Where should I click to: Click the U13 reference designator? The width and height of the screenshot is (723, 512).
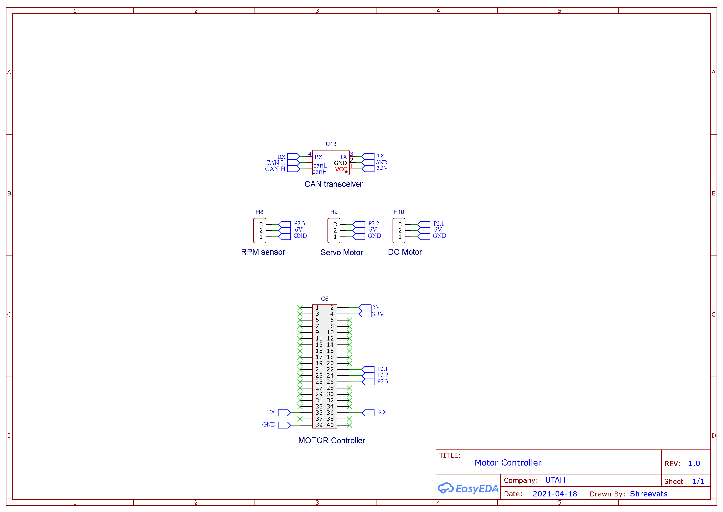coord(331,144)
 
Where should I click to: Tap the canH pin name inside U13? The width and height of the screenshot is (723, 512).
coord(319,172)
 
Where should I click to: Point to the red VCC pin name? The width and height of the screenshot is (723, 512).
coord(341,169)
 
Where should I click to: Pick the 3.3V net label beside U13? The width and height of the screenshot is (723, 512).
coord(382,168)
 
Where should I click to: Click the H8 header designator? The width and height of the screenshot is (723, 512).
coord(259,212)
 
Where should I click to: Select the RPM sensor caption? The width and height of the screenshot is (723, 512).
coord(263,252)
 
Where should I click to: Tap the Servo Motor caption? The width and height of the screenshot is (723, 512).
coord(342,253)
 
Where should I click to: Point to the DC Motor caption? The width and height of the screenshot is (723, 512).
coord(405,252)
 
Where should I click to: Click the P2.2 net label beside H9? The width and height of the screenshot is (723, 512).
coord(374,224)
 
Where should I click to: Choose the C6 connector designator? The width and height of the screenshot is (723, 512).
coord(325,299)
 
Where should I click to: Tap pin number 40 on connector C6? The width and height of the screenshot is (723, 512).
coord(330,425)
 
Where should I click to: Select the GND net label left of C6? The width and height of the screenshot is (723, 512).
coord(269,425)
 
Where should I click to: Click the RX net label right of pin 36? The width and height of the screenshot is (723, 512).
coord(382,412)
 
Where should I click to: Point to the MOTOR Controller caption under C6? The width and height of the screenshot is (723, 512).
coord(331,441)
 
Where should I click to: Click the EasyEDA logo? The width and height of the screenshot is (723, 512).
coord(468,488)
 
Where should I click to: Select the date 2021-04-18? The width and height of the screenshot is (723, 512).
coord(555,494)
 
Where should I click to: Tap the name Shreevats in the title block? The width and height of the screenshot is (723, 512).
coord(649,494)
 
